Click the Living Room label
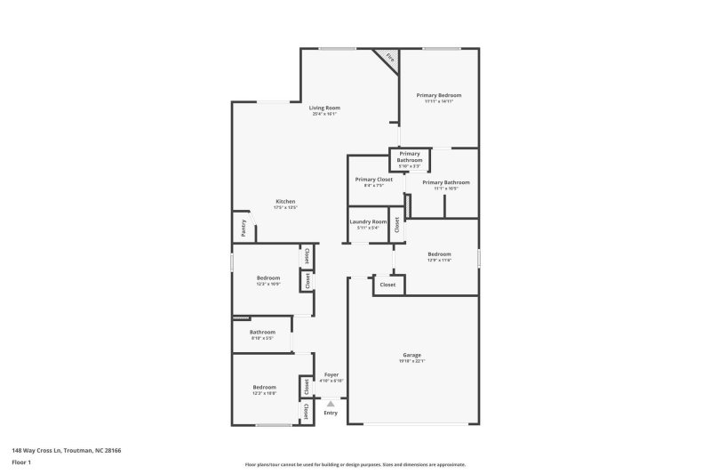pos(324,108)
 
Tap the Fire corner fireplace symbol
pos(389,58)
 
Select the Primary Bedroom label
pos(439,95)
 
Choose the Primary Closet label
pos(373,179)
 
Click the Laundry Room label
pos(367,221)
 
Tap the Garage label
pos(411,355)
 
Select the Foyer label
pos(331,374)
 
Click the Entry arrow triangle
pos(331,404)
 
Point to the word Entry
pos(331,413)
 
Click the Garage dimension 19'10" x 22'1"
pos(411,361)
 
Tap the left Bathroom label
pos(262,332)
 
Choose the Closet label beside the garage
pos(388,285)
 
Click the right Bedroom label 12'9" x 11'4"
pos(439,253)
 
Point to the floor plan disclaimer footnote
pos(355,464)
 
